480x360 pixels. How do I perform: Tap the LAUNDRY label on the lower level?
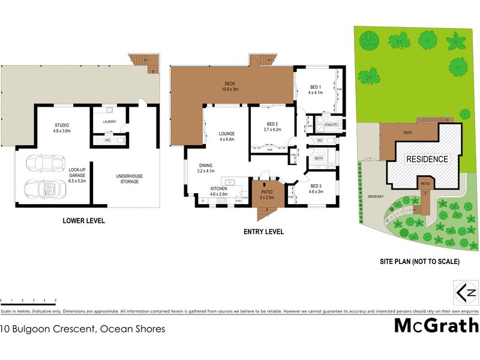pos(109,121)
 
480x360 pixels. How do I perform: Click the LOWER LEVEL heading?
pos(83,221)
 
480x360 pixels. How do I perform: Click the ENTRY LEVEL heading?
pos(263,232)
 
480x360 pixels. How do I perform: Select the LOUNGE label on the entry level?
pos(226,137)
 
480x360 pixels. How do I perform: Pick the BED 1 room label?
pos(316,90)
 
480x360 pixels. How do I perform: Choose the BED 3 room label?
pos(316,188)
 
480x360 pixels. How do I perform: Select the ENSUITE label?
pos(331,125)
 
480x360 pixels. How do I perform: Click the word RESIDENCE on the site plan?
pos(427,159)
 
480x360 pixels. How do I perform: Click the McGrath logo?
pos(436,326)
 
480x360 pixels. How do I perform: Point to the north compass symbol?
pos(467,293)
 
